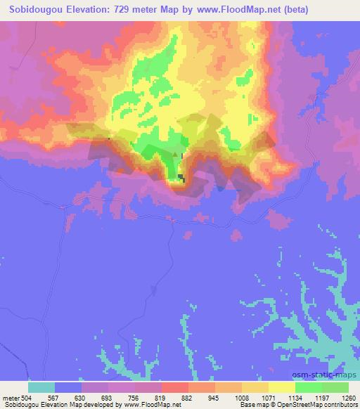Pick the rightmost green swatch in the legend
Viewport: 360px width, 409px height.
click(x=335, y=387)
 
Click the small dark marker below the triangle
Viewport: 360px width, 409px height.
click(x=181, y=178)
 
